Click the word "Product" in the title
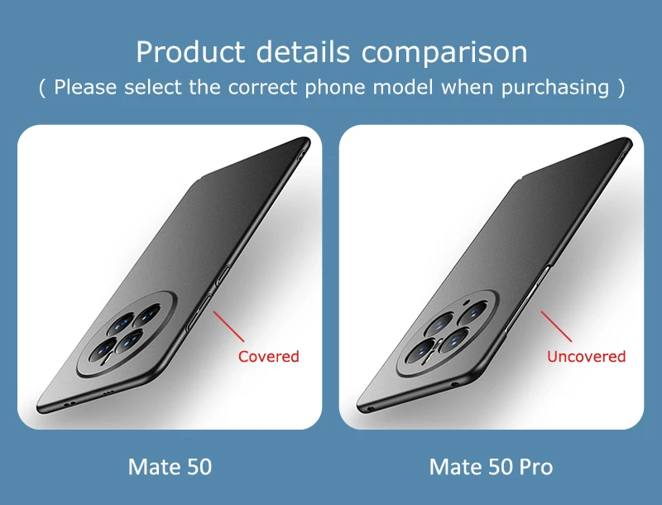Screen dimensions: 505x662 [x=189, y=52]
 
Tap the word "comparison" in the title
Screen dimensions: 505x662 [x=444, y=52]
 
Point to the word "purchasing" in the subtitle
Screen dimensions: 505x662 [x=557, y=87]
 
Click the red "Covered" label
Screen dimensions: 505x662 [x=268, y=357]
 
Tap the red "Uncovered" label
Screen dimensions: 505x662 [x=586, y=357]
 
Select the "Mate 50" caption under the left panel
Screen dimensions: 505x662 [x=170, y=467]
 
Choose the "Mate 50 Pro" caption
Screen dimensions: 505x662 [x=491, y=467]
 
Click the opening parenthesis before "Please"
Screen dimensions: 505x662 [x=43, y=88]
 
